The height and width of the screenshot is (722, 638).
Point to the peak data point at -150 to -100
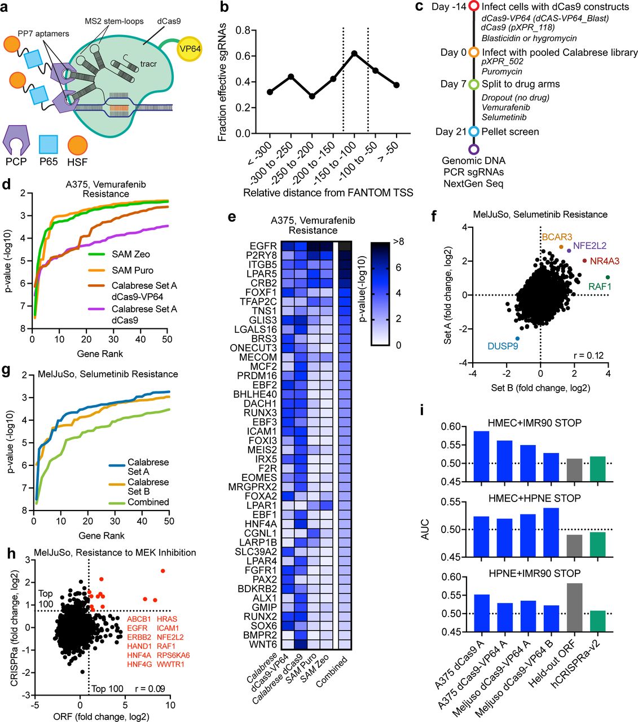coord(354,53)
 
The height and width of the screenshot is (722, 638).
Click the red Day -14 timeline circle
coord(474,7)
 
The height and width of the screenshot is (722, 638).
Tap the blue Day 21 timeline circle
coord(474,131)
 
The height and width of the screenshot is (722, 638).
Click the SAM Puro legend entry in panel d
coord(133,270)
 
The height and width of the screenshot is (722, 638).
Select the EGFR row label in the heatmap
coord(263,246)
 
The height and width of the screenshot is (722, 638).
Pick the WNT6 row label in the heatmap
coord(263,644)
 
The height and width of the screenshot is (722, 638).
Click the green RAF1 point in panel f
coord(608,277)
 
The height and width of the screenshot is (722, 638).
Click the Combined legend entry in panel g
coord(148,502)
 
